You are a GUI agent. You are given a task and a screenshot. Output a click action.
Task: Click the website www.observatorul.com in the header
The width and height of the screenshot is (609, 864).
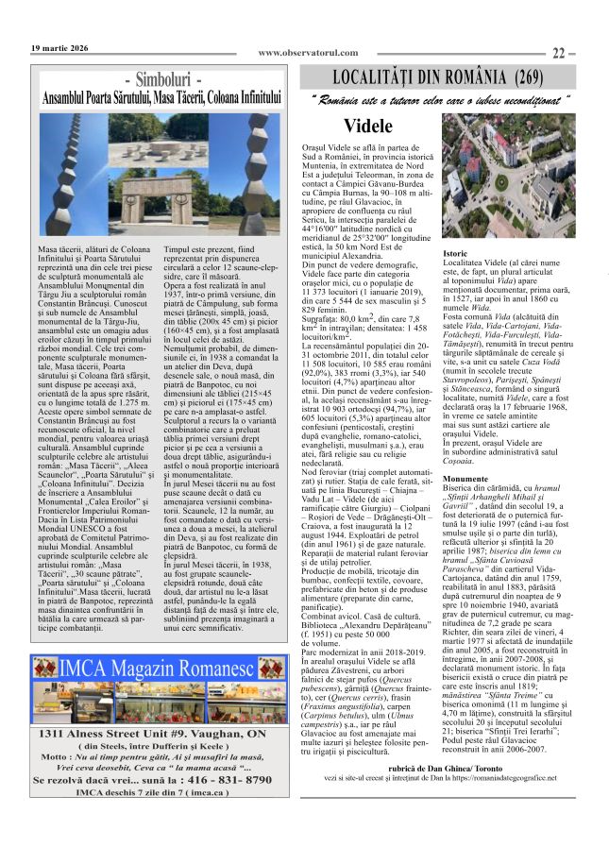[308, 53]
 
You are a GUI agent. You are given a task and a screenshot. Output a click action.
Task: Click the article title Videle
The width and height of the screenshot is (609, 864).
[368, 126]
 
